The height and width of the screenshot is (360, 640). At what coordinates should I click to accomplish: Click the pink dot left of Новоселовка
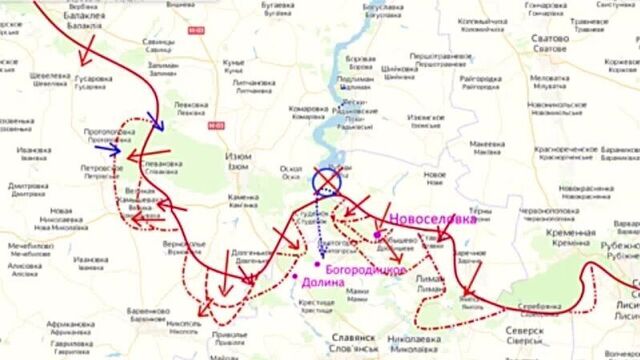coord(377,235)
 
